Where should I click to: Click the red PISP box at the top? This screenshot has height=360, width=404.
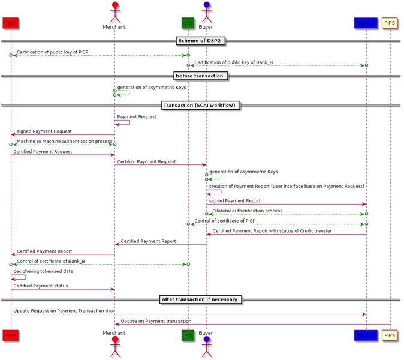click(x=10, y=23)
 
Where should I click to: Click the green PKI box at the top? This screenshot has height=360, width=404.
click(x=188, y=23)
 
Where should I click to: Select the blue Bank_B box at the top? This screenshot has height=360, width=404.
click(x=366, y=23)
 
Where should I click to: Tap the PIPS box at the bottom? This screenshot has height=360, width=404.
click(x=390, y=334)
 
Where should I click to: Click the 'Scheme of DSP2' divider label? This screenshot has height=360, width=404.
click(x=201, y=41)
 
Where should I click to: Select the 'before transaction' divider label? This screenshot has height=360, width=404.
click(x=201, y=76)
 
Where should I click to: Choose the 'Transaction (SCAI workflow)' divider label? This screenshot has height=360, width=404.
click(x=201, y=106)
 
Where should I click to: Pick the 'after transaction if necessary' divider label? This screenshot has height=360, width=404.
click(x=201, y=299)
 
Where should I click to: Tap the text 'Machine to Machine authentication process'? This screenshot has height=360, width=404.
click(x=64, y=141)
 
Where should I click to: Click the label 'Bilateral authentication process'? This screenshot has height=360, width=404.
click(x=247, y=211)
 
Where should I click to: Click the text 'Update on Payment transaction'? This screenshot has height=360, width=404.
click(x=156, y=321)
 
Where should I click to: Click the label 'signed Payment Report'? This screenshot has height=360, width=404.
click(x=235, y=200)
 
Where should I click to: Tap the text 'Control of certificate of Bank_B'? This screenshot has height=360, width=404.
click(x=50, y=261)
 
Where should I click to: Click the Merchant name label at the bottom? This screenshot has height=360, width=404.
click(x=114, y=333)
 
